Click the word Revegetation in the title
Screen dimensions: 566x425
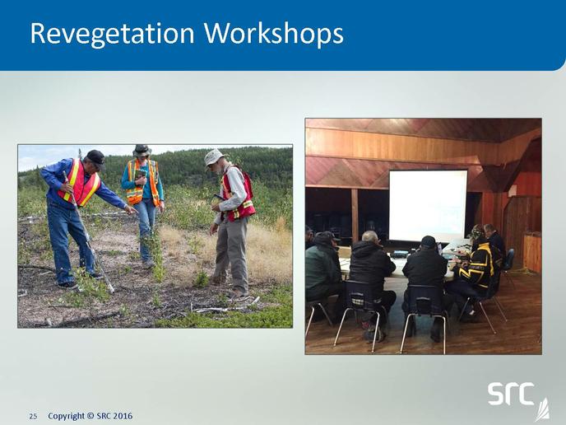(112, 34)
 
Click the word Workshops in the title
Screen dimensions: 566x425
(273, 33)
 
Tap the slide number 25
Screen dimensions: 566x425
(33, 416)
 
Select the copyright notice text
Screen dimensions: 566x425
(90, 416)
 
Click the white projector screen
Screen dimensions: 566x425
(428, 205)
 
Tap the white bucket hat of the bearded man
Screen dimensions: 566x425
(215, 156)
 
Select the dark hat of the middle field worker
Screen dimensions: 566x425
(141, 150)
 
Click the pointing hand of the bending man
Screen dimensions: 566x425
(131, 209)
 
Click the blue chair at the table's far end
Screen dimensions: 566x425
(509, 261)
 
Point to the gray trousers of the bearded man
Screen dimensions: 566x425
(232, 254)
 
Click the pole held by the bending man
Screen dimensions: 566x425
(88, 232)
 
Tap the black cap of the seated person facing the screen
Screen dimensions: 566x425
(429, 241)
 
